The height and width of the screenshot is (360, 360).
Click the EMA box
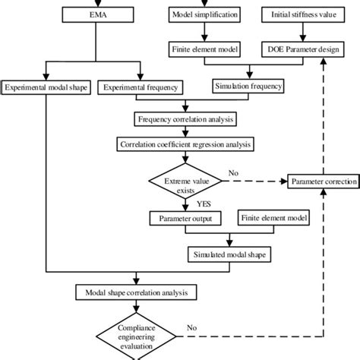pos(92,14)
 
